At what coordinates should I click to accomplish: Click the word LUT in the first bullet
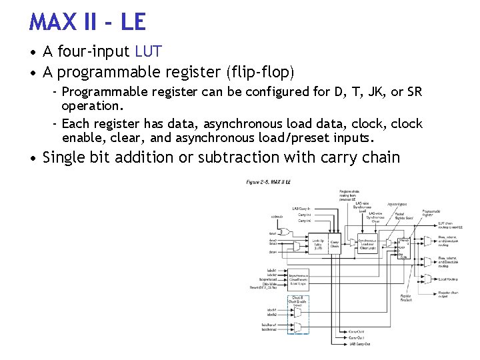149,51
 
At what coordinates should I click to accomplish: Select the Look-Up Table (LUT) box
318,244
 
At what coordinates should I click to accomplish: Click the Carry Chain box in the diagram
335,244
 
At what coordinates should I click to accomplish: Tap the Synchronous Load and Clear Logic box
368,244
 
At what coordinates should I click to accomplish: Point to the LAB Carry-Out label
360,344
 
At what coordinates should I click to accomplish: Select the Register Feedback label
406,298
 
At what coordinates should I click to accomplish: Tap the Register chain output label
447,295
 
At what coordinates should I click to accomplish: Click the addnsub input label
277,216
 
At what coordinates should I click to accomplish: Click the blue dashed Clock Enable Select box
298,302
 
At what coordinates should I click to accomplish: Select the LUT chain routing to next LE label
451,225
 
